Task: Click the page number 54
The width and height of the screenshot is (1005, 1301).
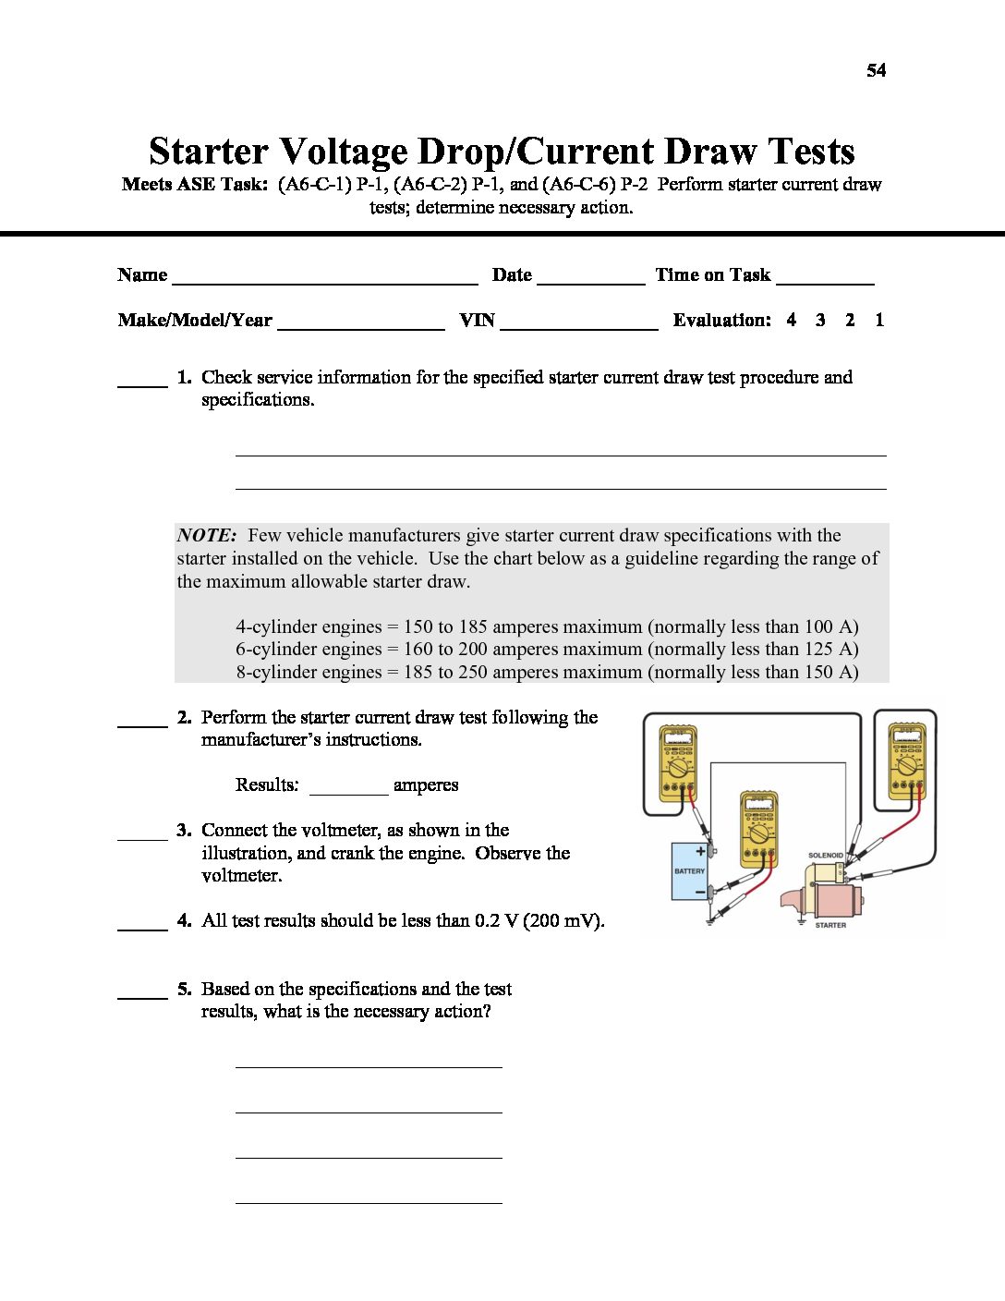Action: point(876,70)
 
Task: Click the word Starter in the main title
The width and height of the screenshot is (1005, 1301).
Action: point(209,152)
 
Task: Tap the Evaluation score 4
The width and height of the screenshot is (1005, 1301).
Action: point(792,320)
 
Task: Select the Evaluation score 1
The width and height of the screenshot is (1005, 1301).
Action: point(879,320)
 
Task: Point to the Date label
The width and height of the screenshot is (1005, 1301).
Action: point(512,274)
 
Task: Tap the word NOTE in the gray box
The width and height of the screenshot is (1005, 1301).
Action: point(206,535)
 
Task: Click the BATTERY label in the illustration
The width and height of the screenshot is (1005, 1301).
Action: point(689,871)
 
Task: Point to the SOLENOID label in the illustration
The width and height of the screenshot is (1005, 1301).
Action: point(825,856)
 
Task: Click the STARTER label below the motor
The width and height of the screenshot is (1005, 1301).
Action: point(830,925)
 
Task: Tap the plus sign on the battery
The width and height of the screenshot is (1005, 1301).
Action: point(700,851)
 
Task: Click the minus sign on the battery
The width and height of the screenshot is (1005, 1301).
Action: point(700,892)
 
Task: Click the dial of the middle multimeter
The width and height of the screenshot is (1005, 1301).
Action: point(759,833)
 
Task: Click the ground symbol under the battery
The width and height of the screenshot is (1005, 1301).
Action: point(709,921)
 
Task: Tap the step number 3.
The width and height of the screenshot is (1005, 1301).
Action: point(183,830)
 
